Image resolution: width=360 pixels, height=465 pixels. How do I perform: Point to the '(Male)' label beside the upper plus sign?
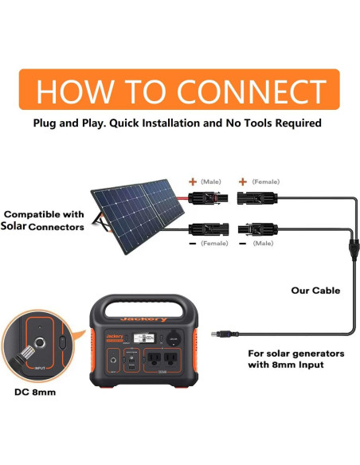[211, 182]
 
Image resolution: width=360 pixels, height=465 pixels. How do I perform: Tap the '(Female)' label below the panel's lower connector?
[215, 243]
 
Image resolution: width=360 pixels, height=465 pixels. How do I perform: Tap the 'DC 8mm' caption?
[36, 391]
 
